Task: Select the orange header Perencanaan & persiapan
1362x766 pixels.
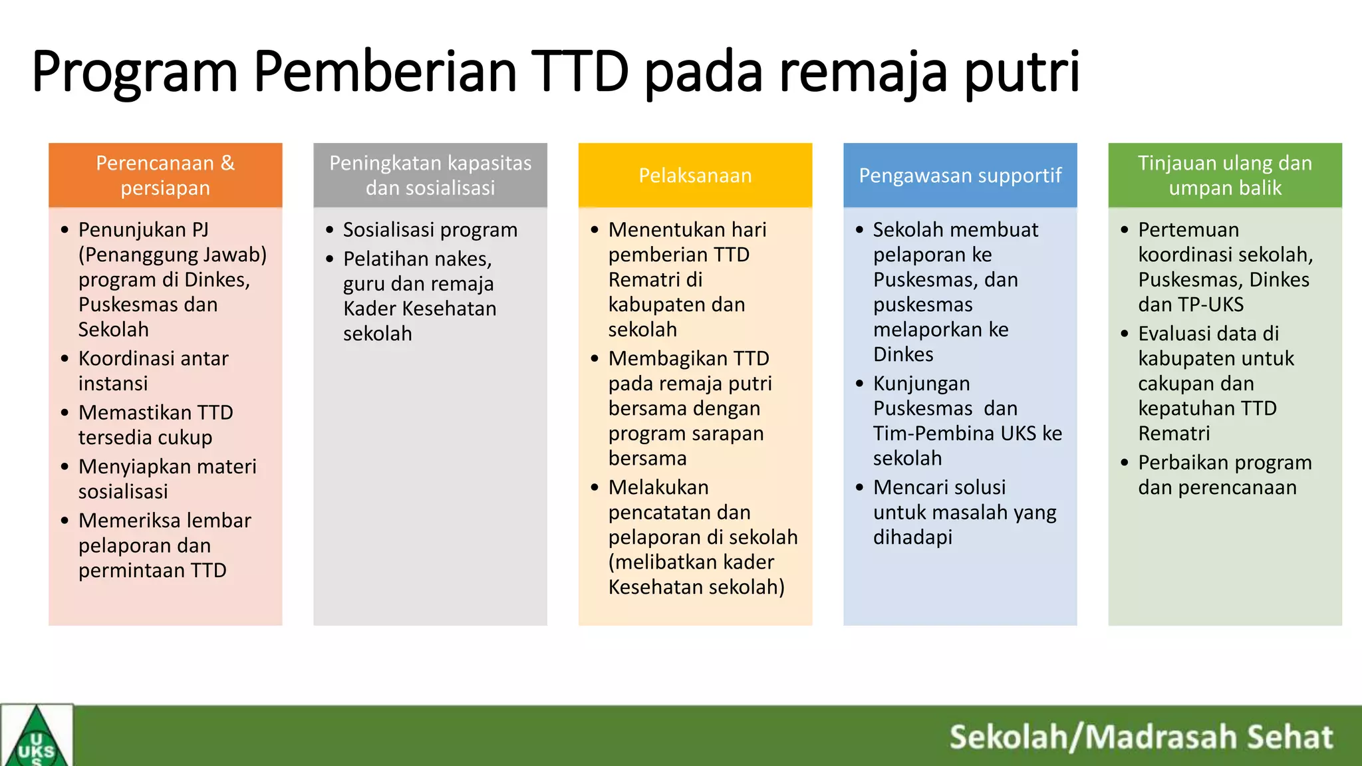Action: [165, 175]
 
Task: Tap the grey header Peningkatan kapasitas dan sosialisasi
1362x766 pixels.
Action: [430, 175]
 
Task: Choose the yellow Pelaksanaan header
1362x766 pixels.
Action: [695, 175]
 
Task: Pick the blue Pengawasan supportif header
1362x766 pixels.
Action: [960, 175]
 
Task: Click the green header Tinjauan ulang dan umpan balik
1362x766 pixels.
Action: [1224, 175]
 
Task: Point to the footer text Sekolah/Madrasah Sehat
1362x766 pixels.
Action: [1141, 737]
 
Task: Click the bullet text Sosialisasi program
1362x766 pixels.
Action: [430, 230]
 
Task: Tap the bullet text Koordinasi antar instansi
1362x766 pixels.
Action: [153, 370]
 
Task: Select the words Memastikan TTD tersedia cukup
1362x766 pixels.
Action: [155, 425]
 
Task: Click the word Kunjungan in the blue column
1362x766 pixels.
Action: [921, 384]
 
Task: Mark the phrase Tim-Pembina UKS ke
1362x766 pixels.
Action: [967, 434]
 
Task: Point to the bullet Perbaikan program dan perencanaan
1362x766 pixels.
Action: [1224, 475]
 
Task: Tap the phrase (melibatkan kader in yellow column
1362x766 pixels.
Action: [691, 563]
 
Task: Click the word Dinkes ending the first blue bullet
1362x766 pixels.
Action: [903, 354]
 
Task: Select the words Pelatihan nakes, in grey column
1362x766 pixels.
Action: [417, 259]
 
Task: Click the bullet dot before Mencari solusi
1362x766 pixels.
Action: [859, 487]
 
